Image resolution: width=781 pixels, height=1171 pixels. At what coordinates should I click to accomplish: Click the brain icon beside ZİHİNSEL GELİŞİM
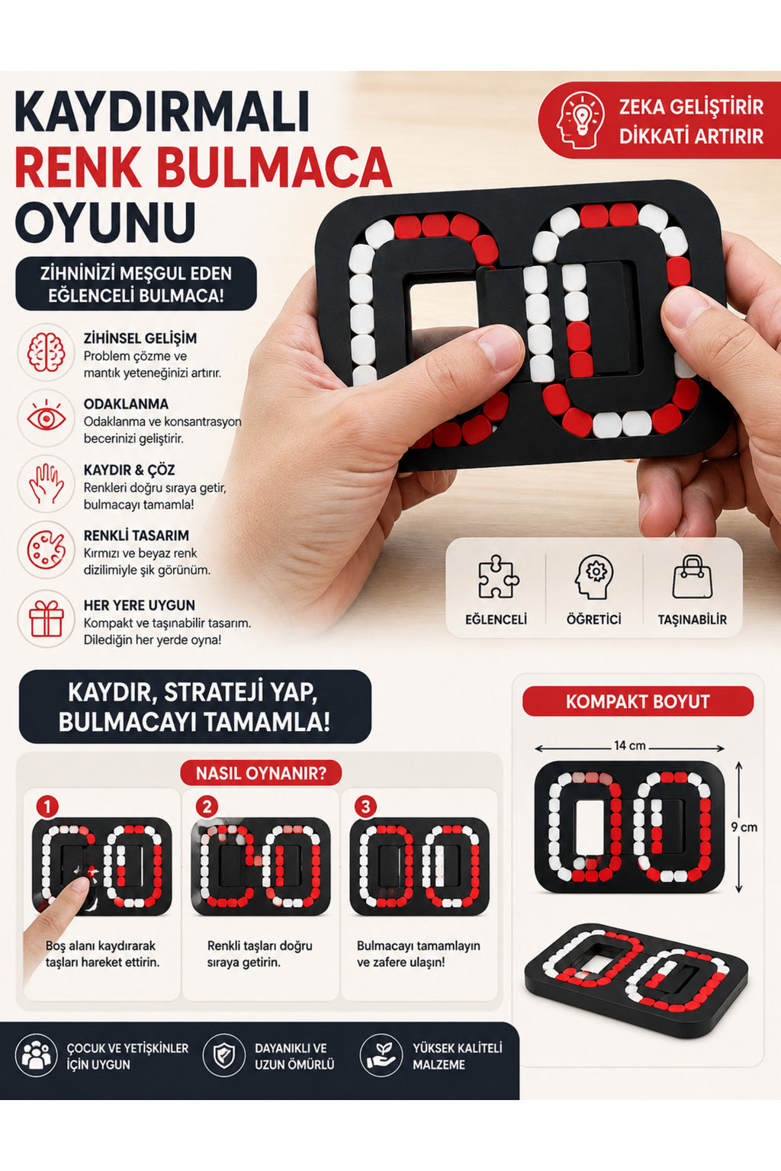click(46, 353)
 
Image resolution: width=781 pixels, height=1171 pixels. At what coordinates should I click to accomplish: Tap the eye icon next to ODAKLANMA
click(46, 419)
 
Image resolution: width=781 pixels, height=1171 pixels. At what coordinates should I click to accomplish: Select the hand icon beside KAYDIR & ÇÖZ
click(46, 484)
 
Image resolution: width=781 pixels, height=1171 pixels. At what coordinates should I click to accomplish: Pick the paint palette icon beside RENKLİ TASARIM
click(46, 550)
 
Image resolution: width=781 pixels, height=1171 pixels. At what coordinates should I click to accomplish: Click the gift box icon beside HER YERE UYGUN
click(46, 618)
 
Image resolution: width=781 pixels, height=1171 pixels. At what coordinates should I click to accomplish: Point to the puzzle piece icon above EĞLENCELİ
click(498, 576)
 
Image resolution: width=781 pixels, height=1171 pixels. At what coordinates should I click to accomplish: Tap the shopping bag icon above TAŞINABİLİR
click(692, 576)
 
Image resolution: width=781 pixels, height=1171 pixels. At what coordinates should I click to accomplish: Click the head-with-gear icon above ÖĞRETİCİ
click(593, 576)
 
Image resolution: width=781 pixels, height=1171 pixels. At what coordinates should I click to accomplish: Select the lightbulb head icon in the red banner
click(580, 120)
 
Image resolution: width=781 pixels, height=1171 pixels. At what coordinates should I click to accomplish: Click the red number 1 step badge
click(47, 807)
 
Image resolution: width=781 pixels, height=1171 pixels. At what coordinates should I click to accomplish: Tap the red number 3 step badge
click(365, 807)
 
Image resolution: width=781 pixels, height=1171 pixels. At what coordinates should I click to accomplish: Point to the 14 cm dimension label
click(629, 746)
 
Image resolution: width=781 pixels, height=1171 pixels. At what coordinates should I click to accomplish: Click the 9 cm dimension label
click(744, 827)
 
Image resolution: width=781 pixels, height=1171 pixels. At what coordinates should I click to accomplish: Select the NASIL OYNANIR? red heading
click(261, 773)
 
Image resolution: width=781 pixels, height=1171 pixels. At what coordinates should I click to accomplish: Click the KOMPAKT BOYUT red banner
click(638, 701)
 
